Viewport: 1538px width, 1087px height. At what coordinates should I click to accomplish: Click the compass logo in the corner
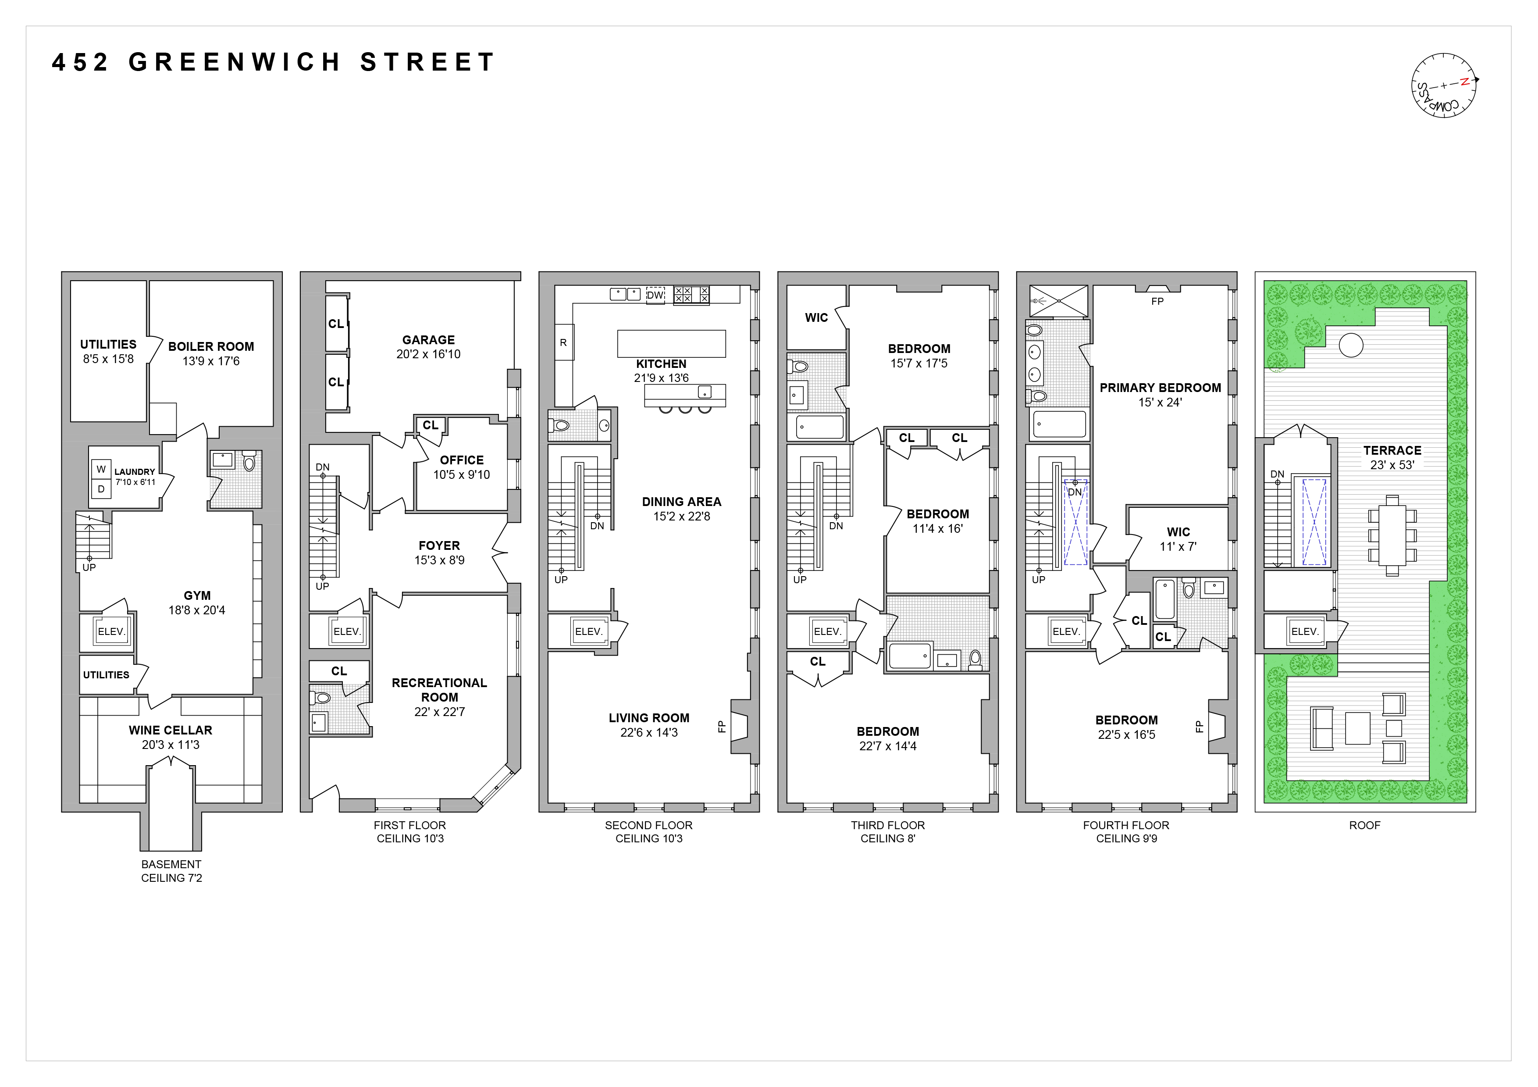1444,86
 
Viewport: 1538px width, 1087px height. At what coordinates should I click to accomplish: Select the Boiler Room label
211,346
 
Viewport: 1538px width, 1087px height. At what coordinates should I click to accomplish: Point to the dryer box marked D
101,489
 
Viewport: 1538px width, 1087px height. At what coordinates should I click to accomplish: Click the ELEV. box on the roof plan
1304,631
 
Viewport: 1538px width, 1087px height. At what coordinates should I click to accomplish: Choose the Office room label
462,460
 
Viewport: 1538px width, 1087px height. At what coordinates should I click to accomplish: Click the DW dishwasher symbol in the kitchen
655,295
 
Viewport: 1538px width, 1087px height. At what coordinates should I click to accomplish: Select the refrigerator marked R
563,342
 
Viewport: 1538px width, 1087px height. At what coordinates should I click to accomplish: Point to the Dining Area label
681,502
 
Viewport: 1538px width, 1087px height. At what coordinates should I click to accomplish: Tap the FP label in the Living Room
722,726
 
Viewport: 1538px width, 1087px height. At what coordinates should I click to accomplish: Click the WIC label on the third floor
816,317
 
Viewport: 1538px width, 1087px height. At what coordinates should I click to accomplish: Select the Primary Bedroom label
1160,388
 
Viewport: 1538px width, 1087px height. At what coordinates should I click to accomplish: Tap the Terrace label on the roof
1392,451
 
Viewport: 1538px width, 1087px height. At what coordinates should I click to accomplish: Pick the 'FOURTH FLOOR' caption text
1126,825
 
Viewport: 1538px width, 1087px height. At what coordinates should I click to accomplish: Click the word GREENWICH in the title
235,62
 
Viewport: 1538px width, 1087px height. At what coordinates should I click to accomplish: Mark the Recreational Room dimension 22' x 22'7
439,712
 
